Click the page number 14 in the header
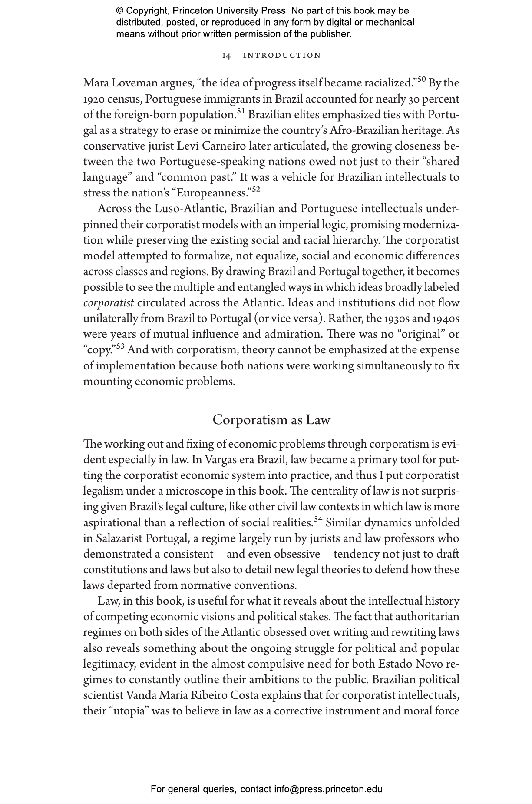click(226, 56)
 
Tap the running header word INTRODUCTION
click(282, 56)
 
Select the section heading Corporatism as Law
click(271, 420)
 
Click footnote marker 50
click(422, 80)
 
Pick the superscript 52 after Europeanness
click(256, 189)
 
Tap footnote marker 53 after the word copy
click(120, 346)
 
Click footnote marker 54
click(318, 519)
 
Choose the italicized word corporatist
click(109, 303)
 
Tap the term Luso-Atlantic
click(190, 209)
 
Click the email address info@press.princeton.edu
click(328, 789)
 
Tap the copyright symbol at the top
click(120, 11)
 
